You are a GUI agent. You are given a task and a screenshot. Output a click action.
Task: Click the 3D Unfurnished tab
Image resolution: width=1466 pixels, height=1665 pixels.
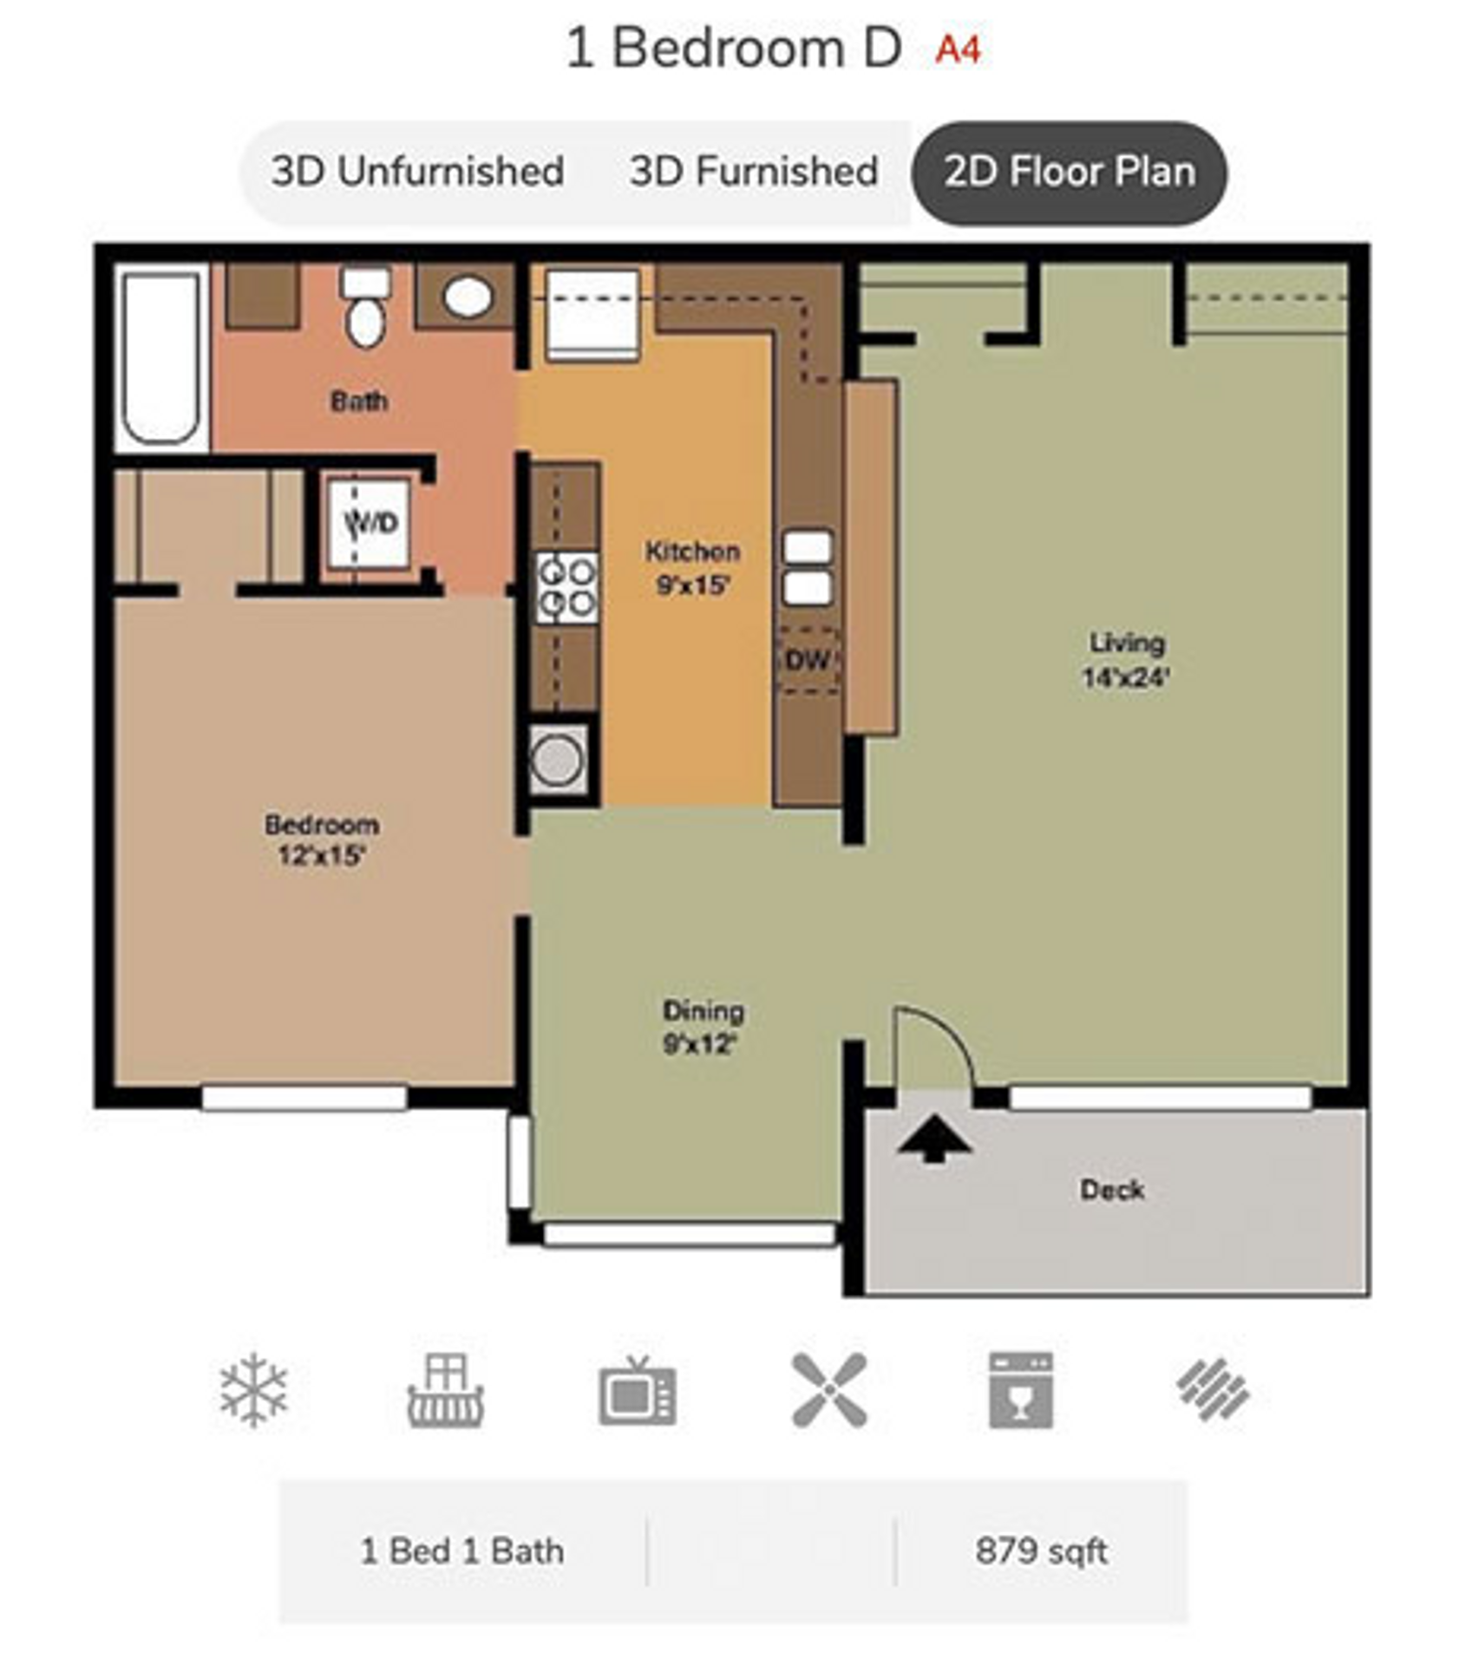(x=417, y=171)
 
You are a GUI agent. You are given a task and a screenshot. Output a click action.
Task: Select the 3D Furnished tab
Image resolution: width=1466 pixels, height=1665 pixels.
(x=753, y=171)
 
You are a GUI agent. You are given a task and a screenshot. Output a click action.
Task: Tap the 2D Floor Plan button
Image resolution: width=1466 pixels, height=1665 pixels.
(x=1069, y=172)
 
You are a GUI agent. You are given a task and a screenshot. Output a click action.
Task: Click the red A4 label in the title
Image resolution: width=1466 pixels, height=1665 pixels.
(x=958, y=49)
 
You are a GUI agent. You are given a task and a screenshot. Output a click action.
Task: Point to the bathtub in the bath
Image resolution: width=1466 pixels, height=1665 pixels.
(x=160, y=357)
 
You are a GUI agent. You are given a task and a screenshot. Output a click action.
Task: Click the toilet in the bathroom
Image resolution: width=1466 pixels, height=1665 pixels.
(x=365, y=308)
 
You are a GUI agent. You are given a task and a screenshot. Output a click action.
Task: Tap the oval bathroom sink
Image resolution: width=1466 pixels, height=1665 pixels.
(x=468, y=297)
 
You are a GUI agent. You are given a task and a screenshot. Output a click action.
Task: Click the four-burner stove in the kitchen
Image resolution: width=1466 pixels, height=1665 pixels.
(x=566, y=587)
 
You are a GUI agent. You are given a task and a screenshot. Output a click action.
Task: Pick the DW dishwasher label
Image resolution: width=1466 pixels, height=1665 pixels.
(x=808, y=660)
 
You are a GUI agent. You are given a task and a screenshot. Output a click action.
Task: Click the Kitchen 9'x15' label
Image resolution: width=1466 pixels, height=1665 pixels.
(x=692, y=568)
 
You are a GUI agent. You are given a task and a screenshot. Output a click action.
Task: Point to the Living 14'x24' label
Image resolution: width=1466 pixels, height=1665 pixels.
(x=1126, y=659)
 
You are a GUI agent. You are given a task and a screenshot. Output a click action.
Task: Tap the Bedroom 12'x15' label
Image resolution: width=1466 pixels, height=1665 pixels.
(x=321, y=839)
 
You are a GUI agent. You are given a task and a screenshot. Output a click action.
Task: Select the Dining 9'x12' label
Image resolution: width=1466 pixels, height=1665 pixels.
(x=702, y=1027)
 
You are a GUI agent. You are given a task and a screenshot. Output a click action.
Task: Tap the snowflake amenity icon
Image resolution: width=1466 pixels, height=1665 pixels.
(x=253, y=1390)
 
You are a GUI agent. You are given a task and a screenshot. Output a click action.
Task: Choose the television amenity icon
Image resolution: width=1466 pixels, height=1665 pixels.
(x=637, y=1391)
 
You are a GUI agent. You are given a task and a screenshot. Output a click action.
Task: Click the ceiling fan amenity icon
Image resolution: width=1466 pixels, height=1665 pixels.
(x=828, y=1390)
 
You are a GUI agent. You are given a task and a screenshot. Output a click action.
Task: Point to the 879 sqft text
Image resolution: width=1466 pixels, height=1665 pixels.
(x=1041, y=1551)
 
